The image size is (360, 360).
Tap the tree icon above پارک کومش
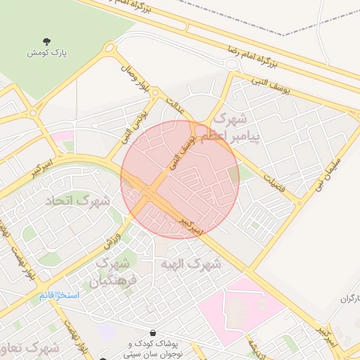(x=46, y=41)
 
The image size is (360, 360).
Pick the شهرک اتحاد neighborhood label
(x=78, y=202)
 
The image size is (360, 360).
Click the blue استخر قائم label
(x=59, y=295)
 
